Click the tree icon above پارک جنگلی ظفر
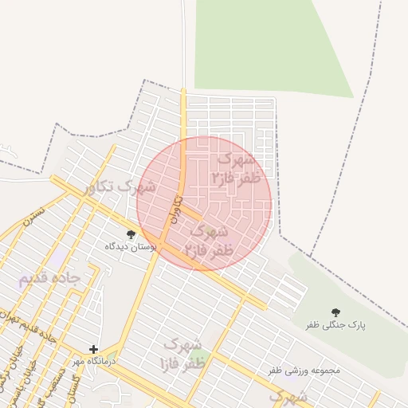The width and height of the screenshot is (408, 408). pyautogui.click(x=335, y=312)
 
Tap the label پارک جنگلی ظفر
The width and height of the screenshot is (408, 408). pyautogui.click(x=335, y=326)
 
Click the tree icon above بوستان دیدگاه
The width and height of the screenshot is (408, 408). pyautogui.click(x=131, y=234)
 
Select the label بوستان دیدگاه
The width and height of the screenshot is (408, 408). pyautogui.click(x=131, y=247)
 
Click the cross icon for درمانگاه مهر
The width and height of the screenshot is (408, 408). pyautogui.click(x=93, y=349)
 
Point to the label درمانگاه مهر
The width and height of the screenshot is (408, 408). pyautogui.click(x=94, y=362)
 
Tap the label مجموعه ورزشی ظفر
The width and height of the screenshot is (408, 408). pyautogui.click(x=304, y=371)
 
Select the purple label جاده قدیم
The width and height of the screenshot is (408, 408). pyautogui.click(x=49, y=278)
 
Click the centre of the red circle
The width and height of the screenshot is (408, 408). pyautogui.click(x=204, y=203)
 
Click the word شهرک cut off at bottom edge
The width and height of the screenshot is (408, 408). pyautogui.click(x=287, y=396)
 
